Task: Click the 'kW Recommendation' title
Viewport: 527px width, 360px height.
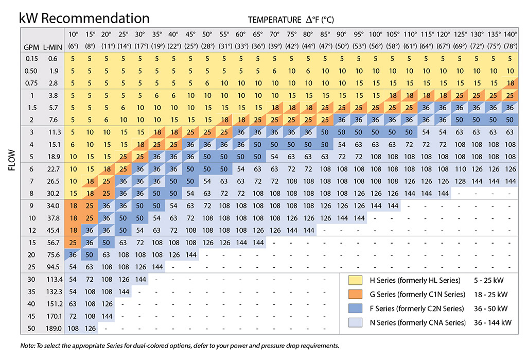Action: (84, 19)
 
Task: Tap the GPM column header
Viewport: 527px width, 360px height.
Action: (31, 47)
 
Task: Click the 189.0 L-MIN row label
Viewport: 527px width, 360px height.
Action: (53, 328)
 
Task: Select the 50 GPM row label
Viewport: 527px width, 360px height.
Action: (31, 328)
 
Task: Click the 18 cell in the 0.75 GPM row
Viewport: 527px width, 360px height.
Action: (510, 83)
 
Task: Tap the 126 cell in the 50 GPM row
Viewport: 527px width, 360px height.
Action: (90, 328)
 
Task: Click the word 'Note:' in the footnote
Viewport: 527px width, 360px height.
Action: (29, 345)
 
